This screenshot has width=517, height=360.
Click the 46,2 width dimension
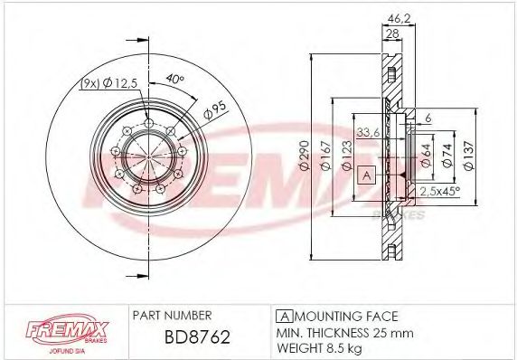click(x=399, y=19)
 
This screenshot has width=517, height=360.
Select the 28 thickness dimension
click(x=392, y=33)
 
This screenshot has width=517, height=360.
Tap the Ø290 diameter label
click(x=304, y=156)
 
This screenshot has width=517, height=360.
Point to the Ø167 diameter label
click(x=325, y=156)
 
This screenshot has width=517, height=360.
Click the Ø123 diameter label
click(x=347, y=156)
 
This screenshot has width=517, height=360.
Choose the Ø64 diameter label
click(x=426, y=156)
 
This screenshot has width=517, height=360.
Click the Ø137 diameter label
click(x=468, y=156)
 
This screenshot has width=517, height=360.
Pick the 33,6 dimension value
click(x=368, y=133)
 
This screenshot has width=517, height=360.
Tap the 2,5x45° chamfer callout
click(x=440, y=191)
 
